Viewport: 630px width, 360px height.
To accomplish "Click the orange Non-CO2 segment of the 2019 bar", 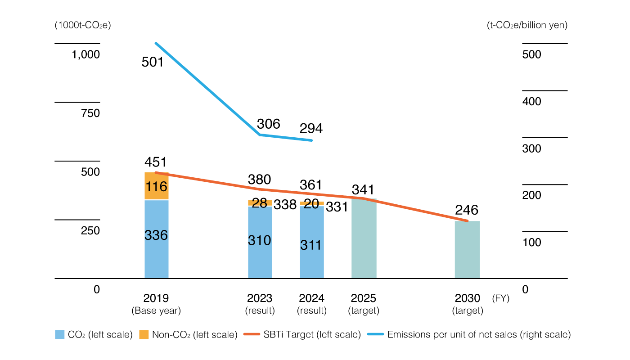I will (156, 186).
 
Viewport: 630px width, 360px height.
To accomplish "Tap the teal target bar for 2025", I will (364, 238).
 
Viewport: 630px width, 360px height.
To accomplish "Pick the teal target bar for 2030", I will (467, 250).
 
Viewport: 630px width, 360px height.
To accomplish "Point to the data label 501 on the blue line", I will (153, 62).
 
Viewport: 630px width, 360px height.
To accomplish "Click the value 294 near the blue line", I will (311, 129).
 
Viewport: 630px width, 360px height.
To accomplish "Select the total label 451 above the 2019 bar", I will (156, 162).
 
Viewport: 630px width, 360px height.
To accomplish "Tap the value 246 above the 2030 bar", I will (467, 210).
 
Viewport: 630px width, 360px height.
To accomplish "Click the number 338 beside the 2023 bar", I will (285, 205).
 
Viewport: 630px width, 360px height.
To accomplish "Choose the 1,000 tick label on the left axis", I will (85, 55).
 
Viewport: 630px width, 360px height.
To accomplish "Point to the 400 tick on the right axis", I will (531, 102).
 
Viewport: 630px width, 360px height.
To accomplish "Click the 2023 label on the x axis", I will (260, 298).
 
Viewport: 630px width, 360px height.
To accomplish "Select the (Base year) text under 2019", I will (156, 310).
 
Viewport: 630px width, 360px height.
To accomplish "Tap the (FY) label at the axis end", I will (501, 298).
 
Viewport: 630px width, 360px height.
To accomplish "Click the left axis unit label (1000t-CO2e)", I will (83, 25).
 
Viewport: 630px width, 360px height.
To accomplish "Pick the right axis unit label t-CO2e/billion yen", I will (527, 25).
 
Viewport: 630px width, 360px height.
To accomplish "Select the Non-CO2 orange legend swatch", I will (144, 335).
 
